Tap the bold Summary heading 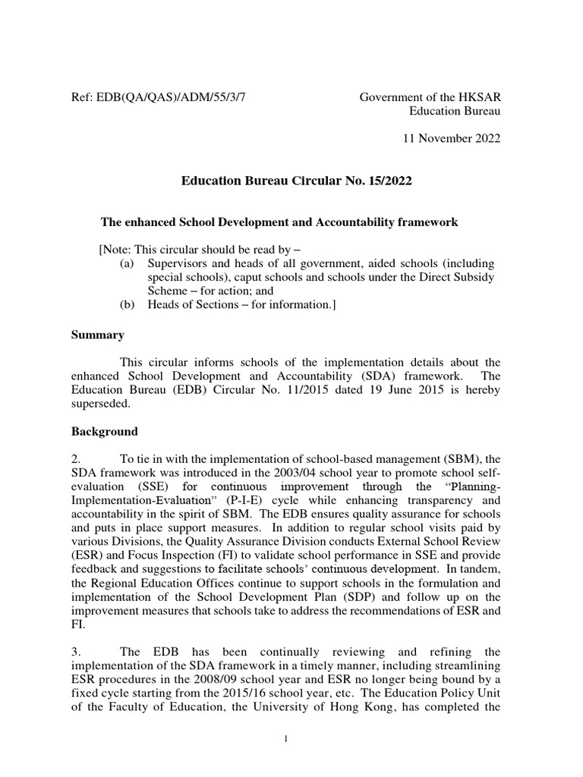[x=98, y=335]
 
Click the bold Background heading [x=105, y=431]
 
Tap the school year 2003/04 [x=284, y=473]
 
